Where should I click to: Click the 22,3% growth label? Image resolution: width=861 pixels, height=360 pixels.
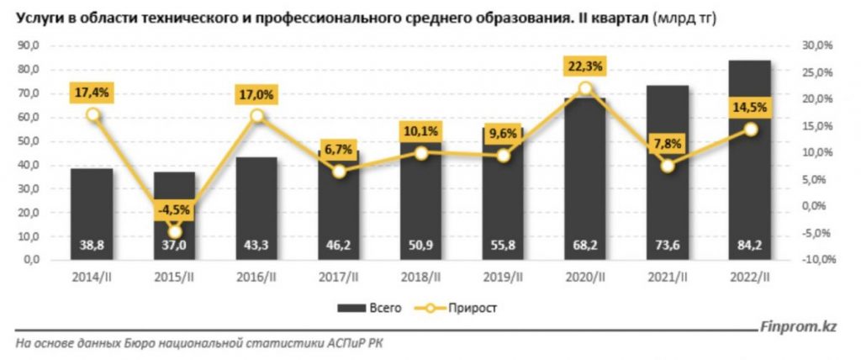585,66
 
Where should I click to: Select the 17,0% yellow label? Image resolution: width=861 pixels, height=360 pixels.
256,95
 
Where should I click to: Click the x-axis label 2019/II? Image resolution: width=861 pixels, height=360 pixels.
503,277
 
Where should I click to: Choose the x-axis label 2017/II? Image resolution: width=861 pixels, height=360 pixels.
338,277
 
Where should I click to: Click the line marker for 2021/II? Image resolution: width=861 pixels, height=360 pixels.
668,166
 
